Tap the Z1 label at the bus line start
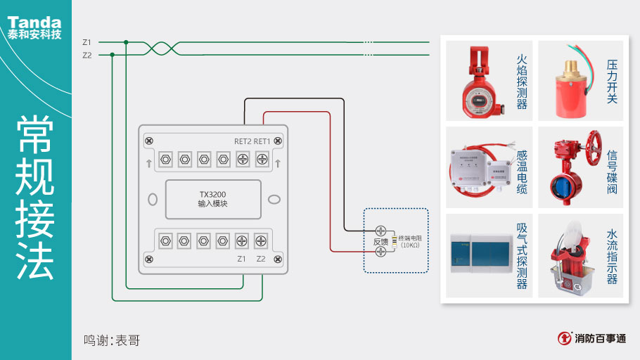pyautogui.click(x=87, y=42)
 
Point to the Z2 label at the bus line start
pyautogui.click(x=87, y=55)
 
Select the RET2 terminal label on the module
pyautogui.click(x=243, y=141)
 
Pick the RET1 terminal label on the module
pyautogui.click(x=262, y=141)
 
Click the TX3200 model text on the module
pyautogui.click(x=212, y=193)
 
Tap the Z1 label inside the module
pyautogui.click(x=242, y=259)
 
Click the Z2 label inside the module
pyautogui.click(x=261, y=259)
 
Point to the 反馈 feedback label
pyautogui.click(x=380, y=242)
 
